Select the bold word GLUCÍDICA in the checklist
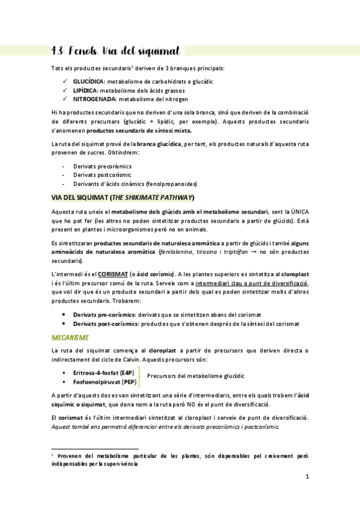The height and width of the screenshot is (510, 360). coord(89,81)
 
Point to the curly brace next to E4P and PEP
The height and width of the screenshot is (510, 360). coord(139,376)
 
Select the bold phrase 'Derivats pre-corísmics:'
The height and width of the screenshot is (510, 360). coord(105,315)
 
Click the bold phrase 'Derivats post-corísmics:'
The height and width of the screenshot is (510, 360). coord(106,324)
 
